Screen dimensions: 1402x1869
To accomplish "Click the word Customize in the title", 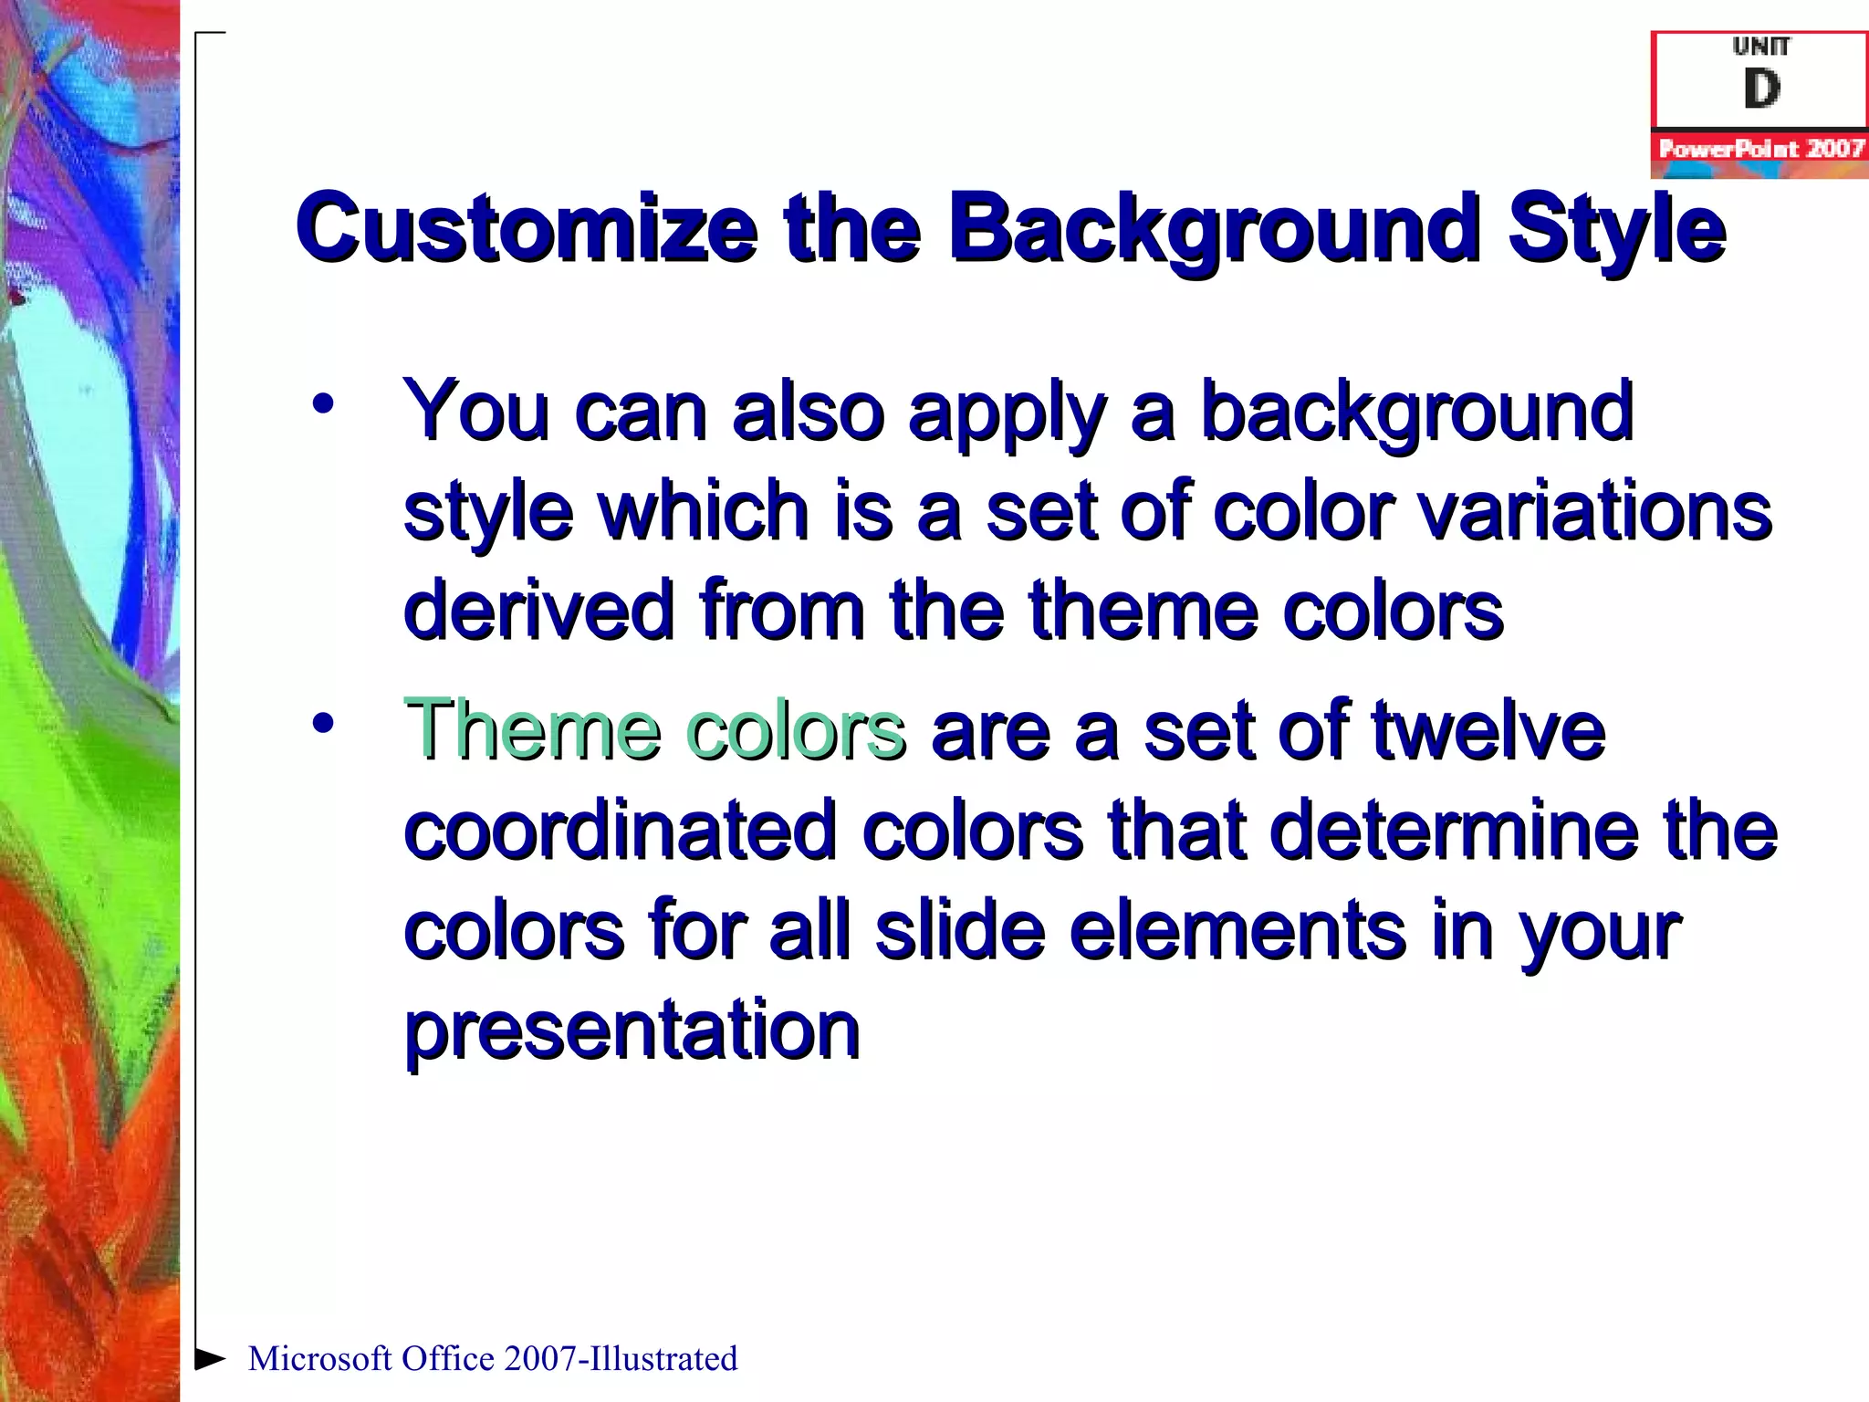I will [x=527, y=228].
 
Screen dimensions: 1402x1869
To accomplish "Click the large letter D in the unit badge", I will [x=1761, y=89].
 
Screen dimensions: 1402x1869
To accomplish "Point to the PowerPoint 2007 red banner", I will [x=1759, y=149].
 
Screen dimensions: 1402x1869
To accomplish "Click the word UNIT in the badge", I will [x=1761, y=47].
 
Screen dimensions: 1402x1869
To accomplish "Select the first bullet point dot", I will [x=322, y=403].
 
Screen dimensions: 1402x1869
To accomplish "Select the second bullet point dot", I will [x=322, y=723].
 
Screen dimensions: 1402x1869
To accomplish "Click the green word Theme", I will [x=532, y=729].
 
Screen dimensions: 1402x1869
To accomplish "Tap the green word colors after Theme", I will [x=795, y=729].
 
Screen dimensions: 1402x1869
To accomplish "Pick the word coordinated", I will [x=621, y=830].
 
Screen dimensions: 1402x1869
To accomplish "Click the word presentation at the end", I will [x=632, y=1030].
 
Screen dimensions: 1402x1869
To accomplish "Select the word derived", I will [x=538, y=611].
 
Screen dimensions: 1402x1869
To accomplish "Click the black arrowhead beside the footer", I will [x=210, y=1358].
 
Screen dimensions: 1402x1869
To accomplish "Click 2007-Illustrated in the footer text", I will [x=620, y=1359].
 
